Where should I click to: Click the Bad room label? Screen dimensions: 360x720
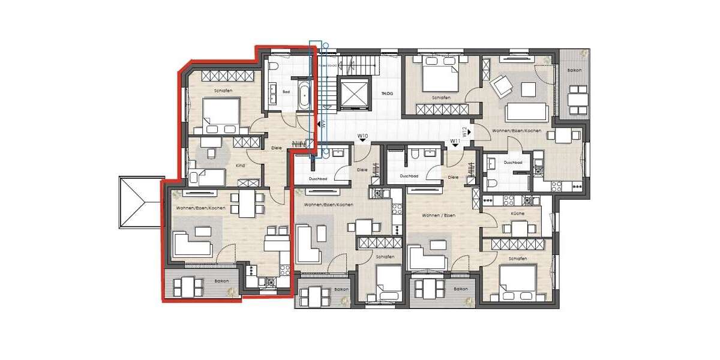pos(287,92)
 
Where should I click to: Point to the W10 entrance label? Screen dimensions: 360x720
pos(362,136)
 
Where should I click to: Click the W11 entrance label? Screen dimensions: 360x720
pos(455,141)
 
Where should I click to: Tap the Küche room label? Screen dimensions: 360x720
pos(518,214)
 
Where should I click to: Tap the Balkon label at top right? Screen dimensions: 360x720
pos(574,71)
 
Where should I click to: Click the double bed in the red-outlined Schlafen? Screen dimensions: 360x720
pos(221,115)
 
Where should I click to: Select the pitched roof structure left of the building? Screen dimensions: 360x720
pos(140,202)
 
